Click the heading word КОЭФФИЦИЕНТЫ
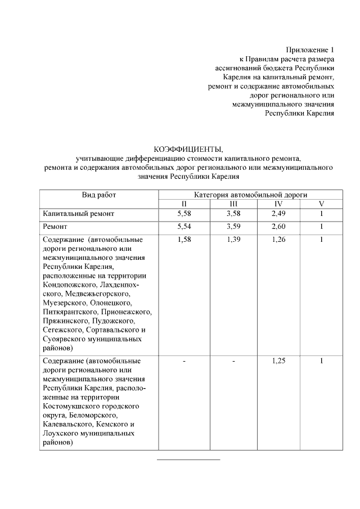[x=188, y=149]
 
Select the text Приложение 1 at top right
[x=310, y=50]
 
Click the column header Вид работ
[x=99, y=194]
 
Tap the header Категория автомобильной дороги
[x=250, y=194]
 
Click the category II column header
[x=184, y=204]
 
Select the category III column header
[x=233, y=204]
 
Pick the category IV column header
[x=278, y=204]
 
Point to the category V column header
[x=321, y=204]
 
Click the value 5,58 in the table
[x=184, y=214]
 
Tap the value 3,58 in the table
[x=233, y=214]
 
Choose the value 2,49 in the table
[x=278, y=214]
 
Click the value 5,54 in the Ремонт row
[x=184, y=227]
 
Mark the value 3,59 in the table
[x=233, y=227]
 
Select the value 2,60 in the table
[x=278, y=227]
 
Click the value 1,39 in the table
[x=233, y=240]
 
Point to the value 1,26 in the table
[x=278, y=240]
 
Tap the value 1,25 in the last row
[x=278, y=361]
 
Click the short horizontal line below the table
[x=188, y=460]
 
